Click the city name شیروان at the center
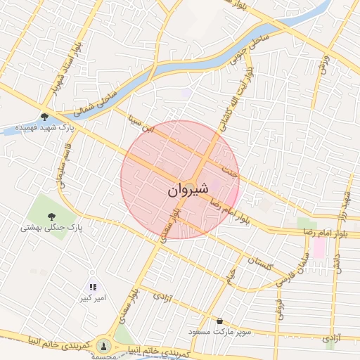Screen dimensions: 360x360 188,190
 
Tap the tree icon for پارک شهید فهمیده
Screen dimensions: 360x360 45,117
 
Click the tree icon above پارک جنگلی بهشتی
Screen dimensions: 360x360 51,216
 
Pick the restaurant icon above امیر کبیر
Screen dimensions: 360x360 93,287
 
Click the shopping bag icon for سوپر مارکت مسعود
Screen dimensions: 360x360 220,321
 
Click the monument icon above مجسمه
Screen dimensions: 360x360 104,345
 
